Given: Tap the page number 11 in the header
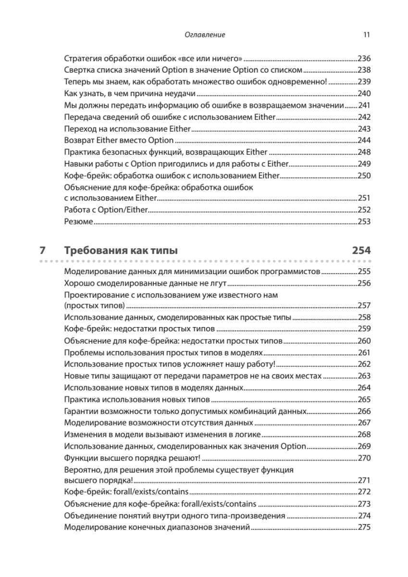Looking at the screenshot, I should (x=367, y=35).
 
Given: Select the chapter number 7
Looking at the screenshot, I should (x=42, y=251).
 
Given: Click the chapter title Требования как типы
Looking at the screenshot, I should (x=121, y=251).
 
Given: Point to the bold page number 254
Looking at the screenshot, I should (x=361, y=251).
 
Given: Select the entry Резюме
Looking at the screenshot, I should (x=78, y=222).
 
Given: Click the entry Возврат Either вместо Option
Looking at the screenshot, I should (x=118, y=140).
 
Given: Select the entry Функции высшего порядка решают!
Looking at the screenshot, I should (x=132, y=457).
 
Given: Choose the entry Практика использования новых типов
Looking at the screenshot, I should (x=137, y=399).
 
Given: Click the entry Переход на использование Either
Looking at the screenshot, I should (x=127, y=129).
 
